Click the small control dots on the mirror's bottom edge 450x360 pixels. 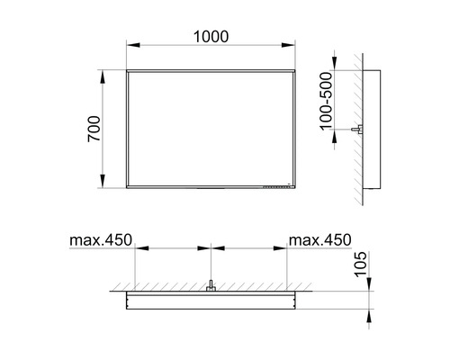pos(270,187)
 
